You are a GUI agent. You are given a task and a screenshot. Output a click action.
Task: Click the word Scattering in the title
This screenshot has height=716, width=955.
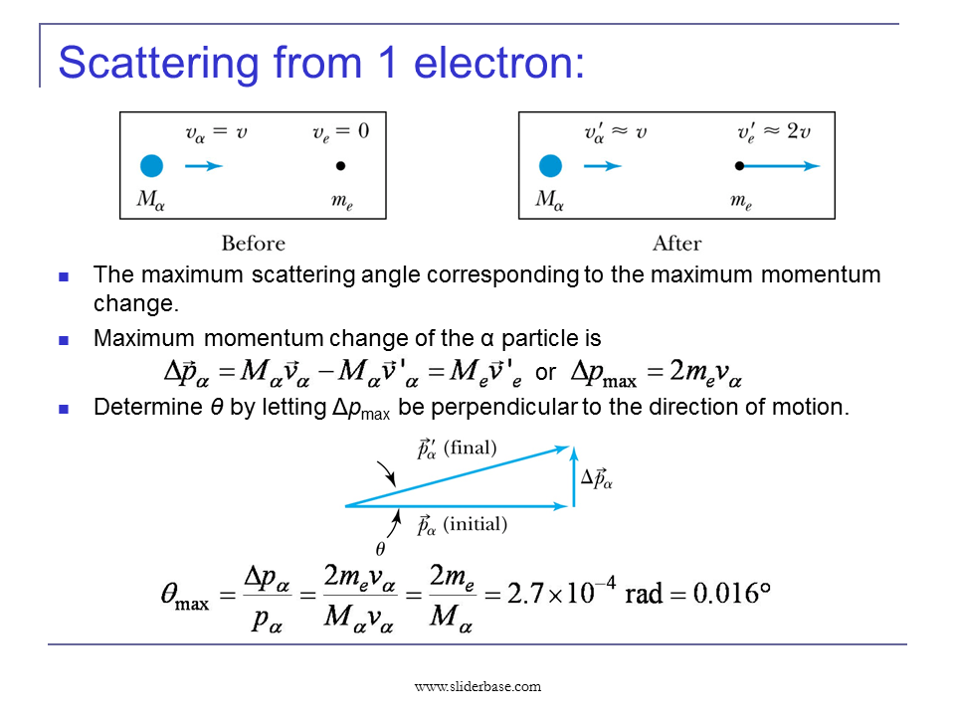(159, 62)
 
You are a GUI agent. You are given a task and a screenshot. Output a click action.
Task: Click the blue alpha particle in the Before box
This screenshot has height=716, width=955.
(151, 166)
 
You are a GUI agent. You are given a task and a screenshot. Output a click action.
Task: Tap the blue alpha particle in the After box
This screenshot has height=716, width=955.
(549, 166)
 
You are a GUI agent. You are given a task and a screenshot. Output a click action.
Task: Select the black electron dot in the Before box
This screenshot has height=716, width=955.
(340, 166)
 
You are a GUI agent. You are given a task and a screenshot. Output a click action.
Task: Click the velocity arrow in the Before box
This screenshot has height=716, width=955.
(204, 166)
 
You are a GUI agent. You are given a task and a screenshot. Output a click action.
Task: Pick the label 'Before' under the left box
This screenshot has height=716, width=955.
(253, 244)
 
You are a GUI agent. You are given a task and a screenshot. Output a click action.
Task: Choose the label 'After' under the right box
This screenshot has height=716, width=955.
(676, 244)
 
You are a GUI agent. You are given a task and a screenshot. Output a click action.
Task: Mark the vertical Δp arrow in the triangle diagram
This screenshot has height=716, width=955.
(573, 477)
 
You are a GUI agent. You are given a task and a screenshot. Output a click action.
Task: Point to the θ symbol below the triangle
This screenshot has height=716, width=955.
(380, 548)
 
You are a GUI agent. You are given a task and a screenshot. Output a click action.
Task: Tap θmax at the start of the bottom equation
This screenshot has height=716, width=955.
(184, 597)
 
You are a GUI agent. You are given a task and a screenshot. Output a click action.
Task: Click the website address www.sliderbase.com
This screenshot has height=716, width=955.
(477, 686)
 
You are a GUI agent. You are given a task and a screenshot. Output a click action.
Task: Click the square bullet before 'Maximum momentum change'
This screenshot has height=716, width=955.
(65, 339)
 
